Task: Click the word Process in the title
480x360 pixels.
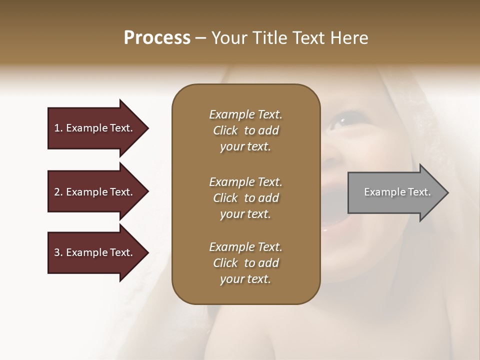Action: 157,38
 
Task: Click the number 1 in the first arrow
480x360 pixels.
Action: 57,128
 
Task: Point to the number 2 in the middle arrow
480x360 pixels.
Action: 57,192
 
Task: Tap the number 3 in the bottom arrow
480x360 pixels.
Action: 57,252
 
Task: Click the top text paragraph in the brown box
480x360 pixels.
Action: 245,130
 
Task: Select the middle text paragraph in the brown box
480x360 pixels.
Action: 245,198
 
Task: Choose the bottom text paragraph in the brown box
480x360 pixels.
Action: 245,263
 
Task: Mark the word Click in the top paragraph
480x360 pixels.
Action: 225,130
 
